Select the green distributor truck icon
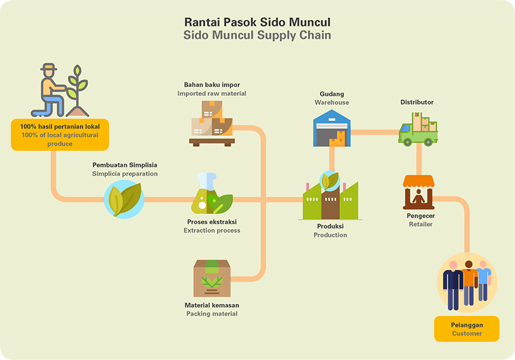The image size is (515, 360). coord(418,129)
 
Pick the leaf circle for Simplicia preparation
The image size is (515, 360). coord(124,199)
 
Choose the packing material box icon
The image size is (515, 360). coord(212,278)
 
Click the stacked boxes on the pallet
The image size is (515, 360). coord(212,123)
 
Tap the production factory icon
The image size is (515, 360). coord(330,197)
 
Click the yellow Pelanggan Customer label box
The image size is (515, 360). coord(467,328)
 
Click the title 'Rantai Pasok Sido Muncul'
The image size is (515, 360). coord(257,22)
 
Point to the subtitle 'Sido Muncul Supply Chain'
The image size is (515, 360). coord(257,35)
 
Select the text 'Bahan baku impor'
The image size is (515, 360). coord(212,84)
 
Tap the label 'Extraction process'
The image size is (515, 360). coord(212,231)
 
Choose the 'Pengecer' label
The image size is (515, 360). coord(422,216)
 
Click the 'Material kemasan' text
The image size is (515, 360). coord(212,305)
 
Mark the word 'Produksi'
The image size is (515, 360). coord(330,227)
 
